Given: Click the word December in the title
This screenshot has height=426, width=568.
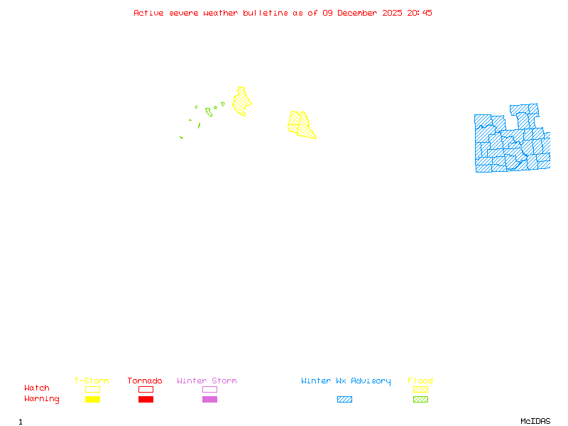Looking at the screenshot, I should coord(358,13).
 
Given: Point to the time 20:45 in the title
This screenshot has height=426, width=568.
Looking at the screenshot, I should coord(421,13).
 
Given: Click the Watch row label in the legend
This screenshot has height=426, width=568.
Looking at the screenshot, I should coord(37,388).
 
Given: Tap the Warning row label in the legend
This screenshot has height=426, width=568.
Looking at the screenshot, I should coord(42,399).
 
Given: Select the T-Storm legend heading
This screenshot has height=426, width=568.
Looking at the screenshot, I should coord(92,381).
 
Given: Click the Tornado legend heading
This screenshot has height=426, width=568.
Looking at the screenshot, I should coord(145,381).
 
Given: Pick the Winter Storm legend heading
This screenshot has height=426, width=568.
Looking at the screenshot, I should coord(207,381).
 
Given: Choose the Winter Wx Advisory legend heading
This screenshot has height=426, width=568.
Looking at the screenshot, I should coord(346,381).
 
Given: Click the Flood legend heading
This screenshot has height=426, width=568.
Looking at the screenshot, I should coord(420,381).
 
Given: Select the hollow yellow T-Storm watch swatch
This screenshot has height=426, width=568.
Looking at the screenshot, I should coord(92,389).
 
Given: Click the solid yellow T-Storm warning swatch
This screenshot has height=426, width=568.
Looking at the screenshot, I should coord(92,399).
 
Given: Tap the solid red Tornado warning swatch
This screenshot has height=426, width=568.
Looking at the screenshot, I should coord(146,399).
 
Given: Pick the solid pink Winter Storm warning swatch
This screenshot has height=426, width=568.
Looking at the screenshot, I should coord(209,399).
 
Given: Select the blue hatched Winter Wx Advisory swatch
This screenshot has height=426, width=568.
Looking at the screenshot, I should coord(344,399).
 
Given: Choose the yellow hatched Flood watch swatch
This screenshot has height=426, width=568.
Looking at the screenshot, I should coord(420,389).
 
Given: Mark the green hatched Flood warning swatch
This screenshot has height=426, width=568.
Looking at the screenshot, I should coord(420,399).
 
